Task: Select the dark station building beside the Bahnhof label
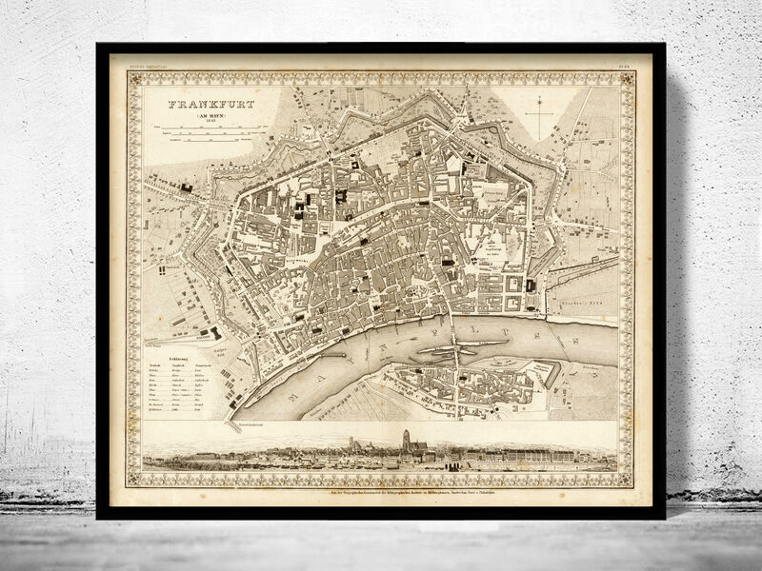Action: pyautogui.click(x=213, y=332)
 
